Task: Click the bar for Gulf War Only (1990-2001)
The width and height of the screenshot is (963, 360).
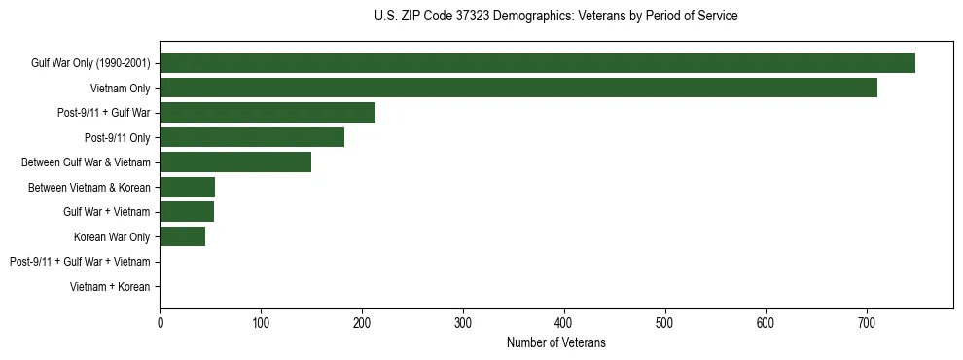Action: pyautogui.click(x=537, y=63)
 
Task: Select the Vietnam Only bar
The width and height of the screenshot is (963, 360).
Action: pyautogui.click(x=518, y=89)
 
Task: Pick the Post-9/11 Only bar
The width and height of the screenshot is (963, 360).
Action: pyautogui.click(x=252, y=137)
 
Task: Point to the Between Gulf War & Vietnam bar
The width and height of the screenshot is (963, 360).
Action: pyautogui.click(x=235, y=162)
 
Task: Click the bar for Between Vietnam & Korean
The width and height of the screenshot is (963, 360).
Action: pyautogui.click(x=188, y=187)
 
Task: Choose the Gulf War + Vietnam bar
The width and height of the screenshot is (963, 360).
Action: pyautogui.click(x=187, y=212)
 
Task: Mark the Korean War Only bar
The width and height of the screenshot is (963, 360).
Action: pyautogui.click(x=183, y=236)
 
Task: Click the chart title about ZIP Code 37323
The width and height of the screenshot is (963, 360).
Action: pyautogui.click(x=555, y=17)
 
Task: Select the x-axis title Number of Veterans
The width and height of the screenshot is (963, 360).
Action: pyautogui.click(x=555, y=342)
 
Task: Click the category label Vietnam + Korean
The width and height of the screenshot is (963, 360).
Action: pyautogui.click(x=110, y=287)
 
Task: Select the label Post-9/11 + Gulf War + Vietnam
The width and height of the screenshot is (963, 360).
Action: pyautogui.click(x=80, y=262)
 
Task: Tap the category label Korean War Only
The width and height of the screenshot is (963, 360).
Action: pyautogui.click(x=112, y=237)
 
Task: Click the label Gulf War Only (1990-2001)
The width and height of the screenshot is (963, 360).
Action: pyautogui.click(x=90, y=64)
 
